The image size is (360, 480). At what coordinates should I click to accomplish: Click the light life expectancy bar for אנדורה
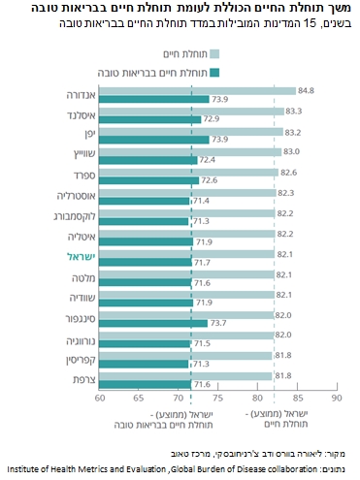click(197, 91)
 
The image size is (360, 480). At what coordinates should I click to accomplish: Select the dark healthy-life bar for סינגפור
click(153, 323)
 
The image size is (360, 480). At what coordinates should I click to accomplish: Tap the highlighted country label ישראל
click(81, 257)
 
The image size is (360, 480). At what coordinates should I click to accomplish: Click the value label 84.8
click(306, 90)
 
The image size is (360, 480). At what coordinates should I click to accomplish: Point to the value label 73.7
click(218, 323)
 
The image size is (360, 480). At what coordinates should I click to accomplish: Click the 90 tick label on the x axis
click(337, 398)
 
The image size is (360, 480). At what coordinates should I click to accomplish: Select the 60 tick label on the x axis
click(100, 398)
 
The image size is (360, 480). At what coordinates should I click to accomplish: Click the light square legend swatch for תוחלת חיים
click(214, 54)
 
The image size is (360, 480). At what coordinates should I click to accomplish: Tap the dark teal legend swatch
click(214, 73)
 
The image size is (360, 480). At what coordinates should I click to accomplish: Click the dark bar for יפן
click(154, 140)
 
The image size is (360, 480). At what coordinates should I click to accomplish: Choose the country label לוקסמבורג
click(75, 216)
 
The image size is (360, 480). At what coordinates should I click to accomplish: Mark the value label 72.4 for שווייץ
click(208, 160)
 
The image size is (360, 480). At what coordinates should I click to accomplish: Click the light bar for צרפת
click(185, 376)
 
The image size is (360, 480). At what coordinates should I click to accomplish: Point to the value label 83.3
click(294, 112)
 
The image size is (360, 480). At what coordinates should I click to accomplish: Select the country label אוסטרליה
click(77, 196)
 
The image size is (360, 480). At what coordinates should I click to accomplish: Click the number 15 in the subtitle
click(309, 23)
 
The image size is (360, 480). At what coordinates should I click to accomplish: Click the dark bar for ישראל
click(146, 262)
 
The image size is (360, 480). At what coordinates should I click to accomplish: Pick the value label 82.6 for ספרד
click(288, 173)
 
